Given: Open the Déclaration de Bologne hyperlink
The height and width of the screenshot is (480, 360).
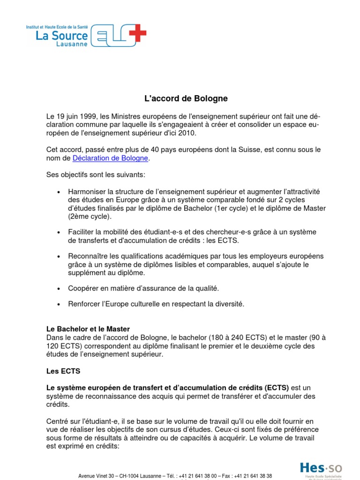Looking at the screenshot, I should [110, 158].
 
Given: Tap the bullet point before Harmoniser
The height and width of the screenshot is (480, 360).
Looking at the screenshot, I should [59, 192].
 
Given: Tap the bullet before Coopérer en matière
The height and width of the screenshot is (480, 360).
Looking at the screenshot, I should [59, 288].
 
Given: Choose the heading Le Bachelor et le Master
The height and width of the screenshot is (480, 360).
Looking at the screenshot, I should [88, 329].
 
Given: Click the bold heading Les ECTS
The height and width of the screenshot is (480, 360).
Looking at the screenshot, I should [63, 371].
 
